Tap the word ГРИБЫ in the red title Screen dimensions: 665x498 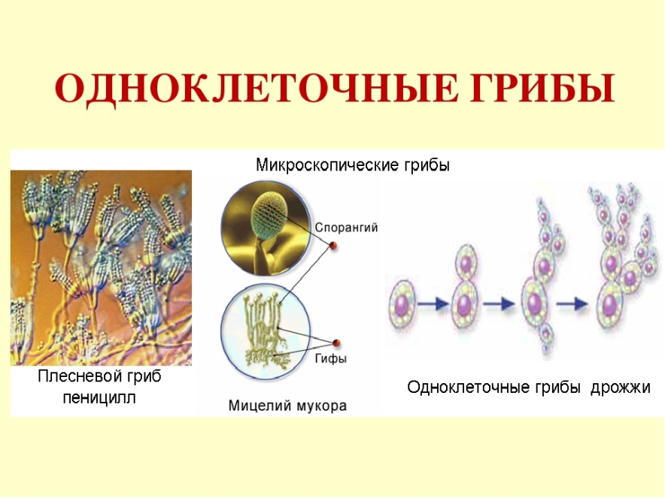pos(543,89)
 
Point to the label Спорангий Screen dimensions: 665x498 pos(346,228)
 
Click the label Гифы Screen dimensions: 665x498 pos(331,359)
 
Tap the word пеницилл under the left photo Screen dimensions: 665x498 pos(99,397)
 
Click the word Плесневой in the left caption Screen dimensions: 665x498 pos(77,376)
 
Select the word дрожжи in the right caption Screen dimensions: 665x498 pos(621,388)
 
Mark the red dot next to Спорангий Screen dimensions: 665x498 pos(333,245)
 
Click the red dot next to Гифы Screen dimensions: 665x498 pos(336,343)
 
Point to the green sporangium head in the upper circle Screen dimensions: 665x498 pos(268,215)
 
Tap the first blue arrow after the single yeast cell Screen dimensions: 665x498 pos(433,303)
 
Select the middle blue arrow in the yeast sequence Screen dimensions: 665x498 pos(499,303)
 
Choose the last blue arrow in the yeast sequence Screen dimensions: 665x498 pos(572,303)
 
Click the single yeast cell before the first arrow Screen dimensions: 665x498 pos(402,303)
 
